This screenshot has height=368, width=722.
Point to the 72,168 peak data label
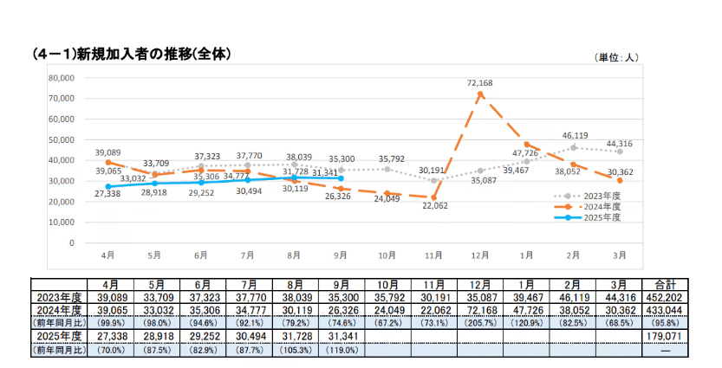[479, 83]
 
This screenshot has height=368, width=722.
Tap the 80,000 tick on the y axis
[60, 77]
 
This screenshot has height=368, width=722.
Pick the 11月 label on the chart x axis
[433, 256]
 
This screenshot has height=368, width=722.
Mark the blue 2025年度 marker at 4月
[108, 186]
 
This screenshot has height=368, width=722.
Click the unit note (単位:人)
[616, 57]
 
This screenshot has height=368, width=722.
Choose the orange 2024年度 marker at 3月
[619, 180]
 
